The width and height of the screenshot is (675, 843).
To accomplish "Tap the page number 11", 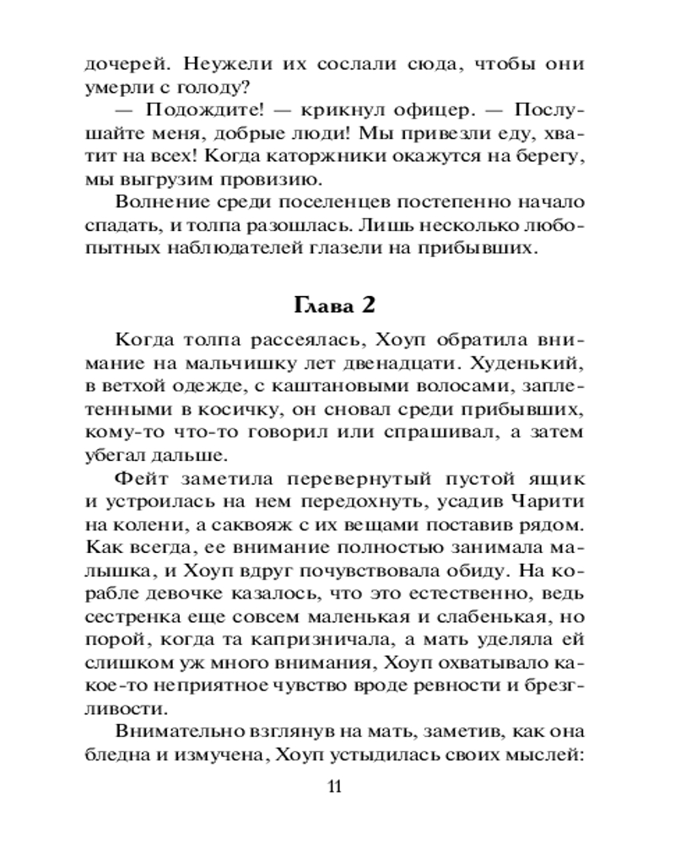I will (335, 787).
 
